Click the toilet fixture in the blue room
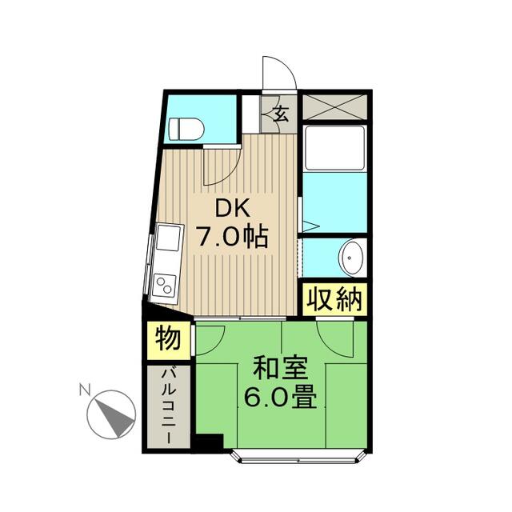(x=189, y=128)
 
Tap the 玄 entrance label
(x=281, y=113)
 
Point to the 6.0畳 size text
(x=280, y=398)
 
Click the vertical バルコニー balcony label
(x=169, y=406)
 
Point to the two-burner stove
(x=165, y=284)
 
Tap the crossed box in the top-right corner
(x=334, y=106)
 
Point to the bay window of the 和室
(x=299, y=458)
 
